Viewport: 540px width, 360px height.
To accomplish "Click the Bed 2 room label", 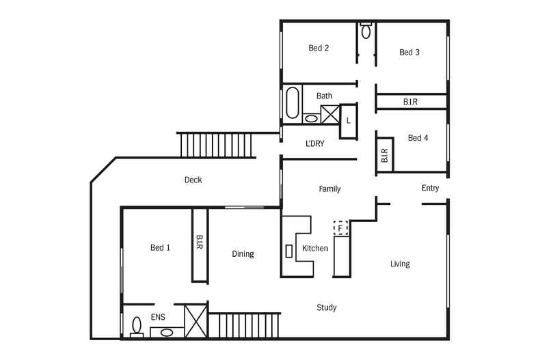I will [319, 48].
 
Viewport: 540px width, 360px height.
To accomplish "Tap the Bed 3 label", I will [409, 52].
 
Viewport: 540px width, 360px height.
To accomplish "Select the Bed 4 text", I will [418, 138].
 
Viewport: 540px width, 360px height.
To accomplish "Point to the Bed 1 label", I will [161, 247].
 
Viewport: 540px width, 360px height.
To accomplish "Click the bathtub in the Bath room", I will [293, 103].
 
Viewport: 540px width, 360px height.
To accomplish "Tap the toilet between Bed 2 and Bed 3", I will [366, 31].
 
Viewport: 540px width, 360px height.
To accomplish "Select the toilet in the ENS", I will [137, 327].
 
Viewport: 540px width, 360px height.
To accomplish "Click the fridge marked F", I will [340, 227].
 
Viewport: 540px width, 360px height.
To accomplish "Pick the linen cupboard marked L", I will [348, 121].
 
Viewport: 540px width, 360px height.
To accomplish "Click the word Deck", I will [193, 180].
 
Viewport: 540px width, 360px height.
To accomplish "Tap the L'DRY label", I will [314, 143].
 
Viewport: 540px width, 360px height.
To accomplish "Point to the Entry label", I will [430, 188].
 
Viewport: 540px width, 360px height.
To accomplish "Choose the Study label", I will [327, 307].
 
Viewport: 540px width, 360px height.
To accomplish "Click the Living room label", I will [400, 264].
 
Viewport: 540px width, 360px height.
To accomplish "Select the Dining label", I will [243, 254].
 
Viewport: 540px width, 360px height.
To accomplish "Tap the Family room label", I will [329, 189].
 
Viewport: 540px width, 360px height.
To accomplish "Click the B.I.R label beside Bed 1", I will [200, 243].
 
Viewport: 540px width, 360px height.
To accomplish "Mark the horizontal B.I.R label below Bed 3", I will [410, 102].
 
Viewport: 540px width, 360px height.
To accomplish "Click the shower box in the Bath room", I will [330, 114].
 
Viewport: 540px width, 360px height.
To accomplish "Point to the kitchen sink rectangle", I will [289, 250].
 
